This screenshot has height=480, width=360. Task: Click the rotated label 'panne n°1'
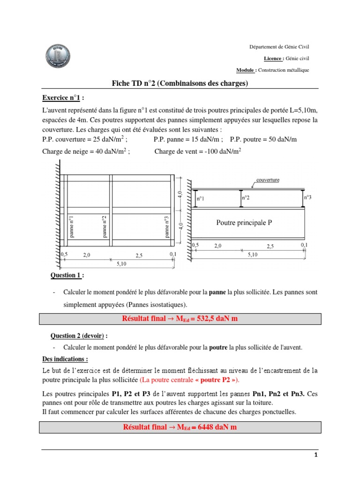(x=72, y=227)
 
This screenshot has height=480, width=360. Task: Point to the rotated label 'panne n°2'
(x=105, y=227)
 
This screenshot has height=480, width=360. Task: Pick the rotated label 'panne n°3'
(x=166, y=227)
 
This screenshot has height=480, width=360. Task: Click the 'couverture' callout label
(x=268, y=180)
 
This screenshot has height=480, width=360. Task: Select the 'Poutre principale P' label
(x=244, y=223)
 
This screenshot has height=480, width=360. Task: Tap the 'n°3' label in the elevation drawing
(x=307, y=198)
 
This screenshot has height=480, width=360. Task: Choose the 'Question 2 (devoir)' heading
(x=80, y=336)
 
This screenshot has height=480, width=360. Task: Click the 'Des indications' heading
(x=64, y=359)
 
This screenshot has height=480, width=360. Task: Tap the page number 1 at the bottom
(x=316, y=455)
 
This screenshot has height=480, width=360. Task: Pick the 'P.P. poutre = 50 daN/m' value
(x=263, y=140)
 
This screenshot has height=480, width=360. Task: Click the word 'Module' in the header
(x=246, y=70)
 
